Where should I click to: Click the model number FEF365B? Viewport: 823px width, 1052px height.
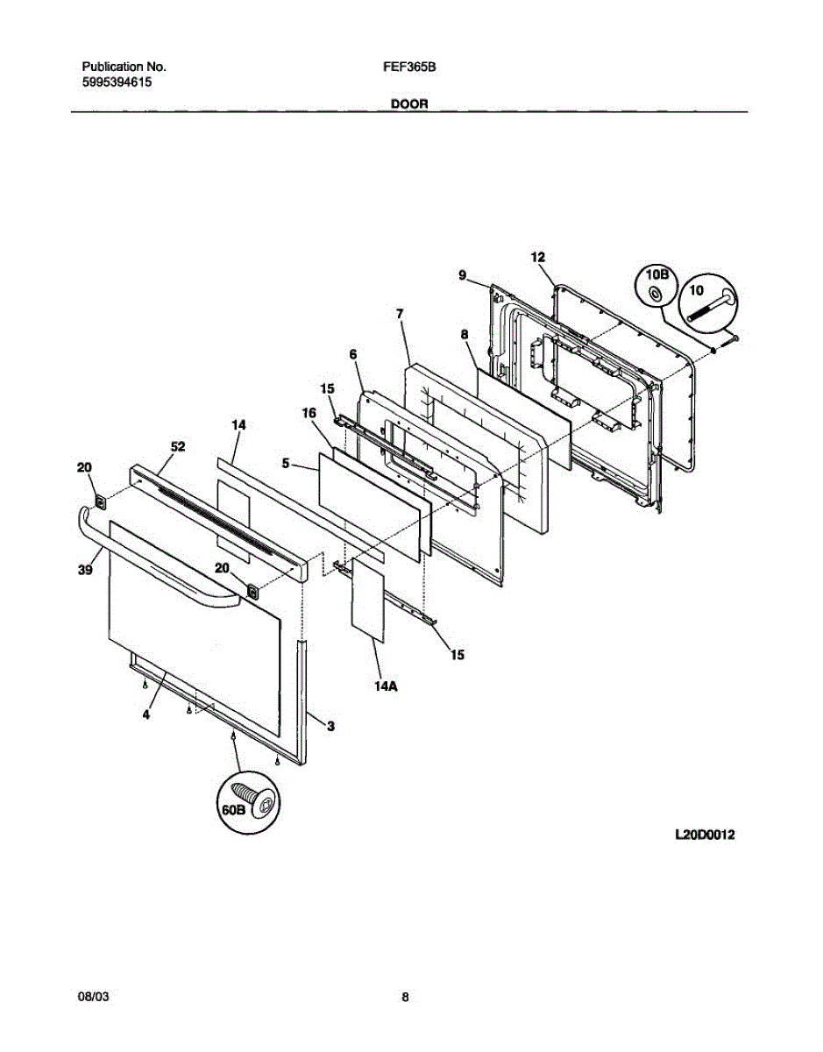click(404, 67)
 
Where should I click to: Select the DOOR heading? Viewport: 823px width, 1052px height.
click(408, 103)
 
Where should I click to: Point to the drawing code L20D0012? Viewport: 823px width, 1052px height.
click(705, 835)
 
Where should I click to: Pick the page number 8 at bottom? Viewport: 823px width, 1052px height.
click(405, 997)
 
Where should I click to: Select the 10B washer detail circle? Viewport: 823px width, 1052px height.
click(656, 287)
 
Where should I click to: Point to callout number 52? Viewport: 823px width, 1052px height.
click(177, 446)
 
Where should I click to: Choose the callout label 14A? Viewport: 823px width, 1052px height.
click(383, 686)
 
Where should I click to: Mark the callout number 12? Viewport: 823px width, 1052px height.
click(538, 257)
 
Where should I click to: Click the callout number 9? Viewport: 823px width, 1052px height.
click(461, 274)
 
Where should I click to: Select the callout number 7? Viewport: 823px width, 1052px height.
click(399, 313)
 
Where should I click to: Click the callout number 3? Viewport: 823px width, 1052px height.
click(330, 725)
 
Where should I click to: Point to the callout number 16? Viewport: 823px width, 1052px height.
click(309, 410)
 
